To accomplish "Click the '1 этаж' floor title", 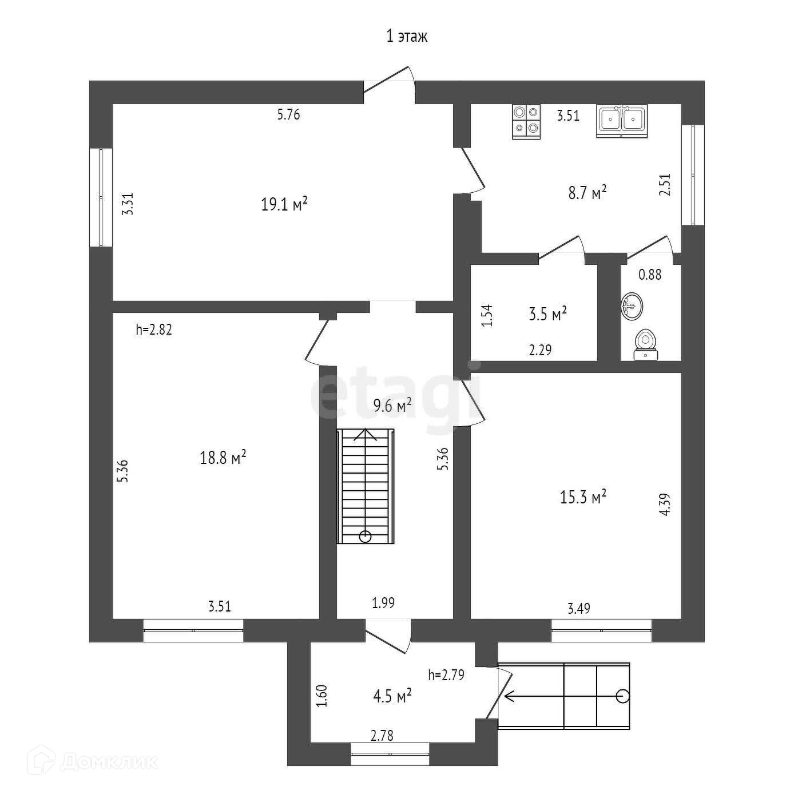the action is point(407,37).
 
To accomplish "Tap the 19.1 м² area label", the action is point(284,204).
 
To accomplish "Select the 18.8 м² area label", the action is point(223,458).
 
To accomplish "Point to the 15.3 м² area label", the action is point(583,497).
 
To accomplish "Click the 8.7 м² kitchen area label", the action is point(587,193).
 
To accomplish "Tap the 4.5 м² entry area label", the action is point(392,697).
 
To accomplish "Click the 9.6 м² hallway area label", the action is point(392,406).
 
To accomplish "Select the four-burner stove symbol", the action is point(526,121).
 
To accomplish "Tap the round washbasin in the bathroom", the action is point(632,305).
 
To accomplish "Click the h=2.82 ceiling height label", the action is point(154,329).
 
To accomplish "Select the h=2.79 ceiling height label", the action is point(446,675).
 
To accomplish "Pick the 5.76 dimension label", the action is point(288,115).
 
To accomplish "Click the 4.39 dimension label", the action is point(664,505).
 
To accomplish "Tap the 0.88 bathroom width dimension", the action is point(650,275).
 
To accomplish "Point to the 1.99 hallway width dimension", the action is point(383,602).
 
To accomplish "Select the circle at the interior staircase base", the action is point(365,537).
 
